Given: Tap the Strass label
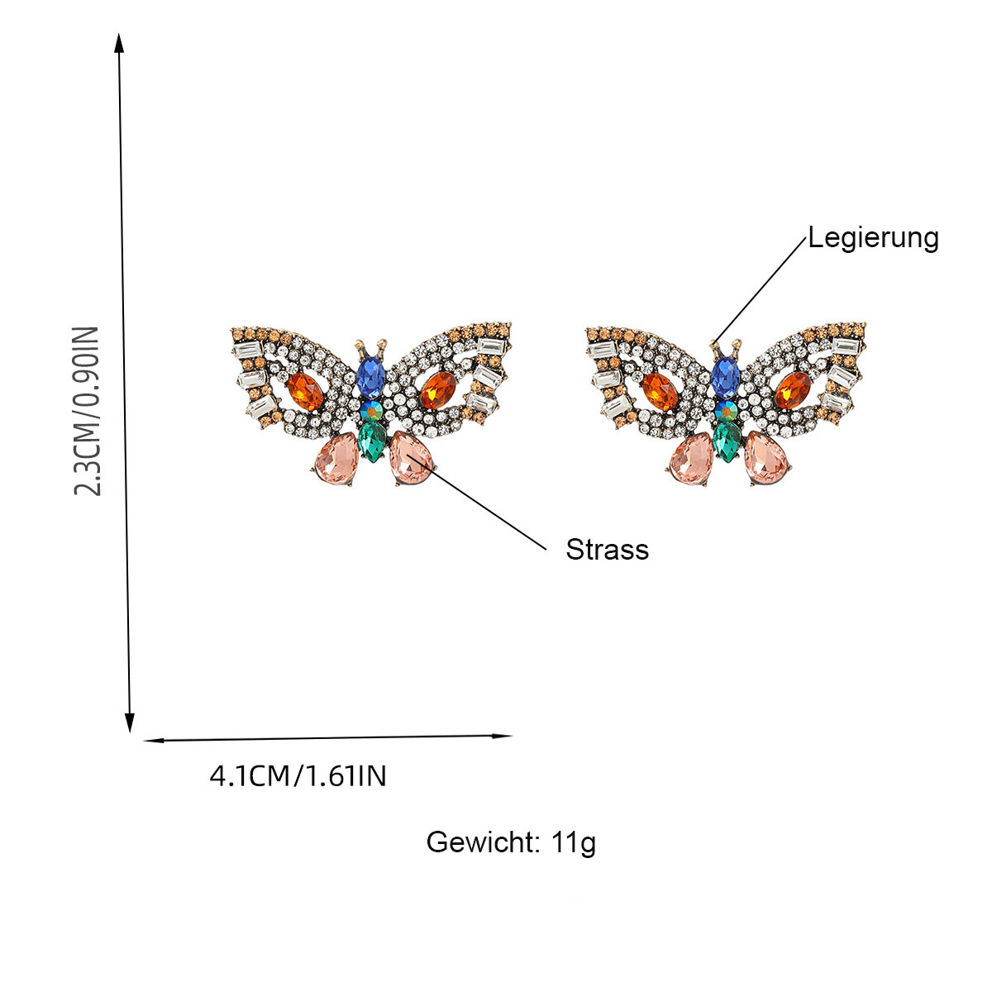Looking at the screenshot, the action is (x=607, y=550).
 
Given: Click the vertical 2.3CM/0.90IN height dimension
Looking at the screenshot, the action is (x=87, y=410).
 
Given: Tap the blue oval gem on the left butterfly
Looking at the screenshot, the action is (x=370, y=378).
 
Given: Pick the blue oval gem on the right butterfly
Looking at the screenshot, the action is (x=725, y=378).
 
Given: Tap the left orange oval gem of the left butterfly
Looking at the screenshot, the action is (x=305, y=392).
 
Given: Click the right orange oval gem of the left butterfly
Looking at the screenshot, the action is (x=439, y=390).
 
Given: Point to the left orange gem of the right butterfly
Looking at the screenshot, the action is (x=660, y=392).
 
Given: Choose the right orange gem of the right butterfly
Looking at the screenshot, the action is (x=793, y=390).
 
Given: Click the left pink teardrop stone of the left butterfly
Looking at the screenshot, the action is (x=337, y=459).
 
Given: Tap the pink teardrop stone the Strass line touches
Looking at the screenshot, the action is (x=411, y=458).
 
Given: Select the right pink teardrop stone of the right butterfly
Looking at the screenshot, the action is (x=766, y=458).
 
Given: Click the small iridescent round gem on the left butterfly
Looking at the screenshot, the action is (x=371, y=411).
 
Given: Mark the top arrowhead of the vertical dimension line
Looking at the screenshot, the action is (x=119, y=42).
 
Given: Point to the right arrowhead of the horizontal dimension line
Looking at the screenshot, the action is (x=503, y=736).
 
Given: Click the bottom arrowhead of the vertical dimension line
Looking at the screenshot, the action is (x=130, y=723).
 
